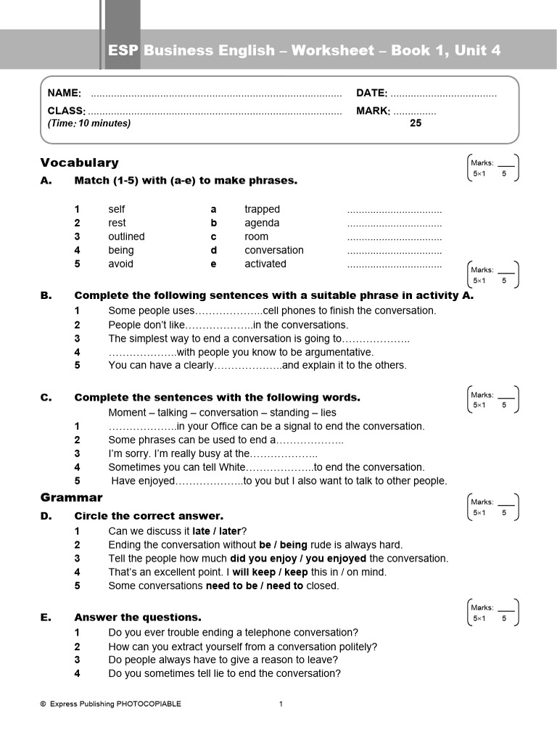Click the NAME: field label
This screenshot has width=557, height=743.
click(64, 93)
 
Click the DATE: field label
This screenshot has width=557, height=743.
click(372, 93)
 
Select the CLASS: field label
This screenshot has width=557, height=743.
click(67, 111)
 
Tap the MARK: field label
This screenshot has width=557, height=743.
click(374, 111)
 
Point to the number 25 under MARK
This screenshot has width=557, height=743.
click(416, 123)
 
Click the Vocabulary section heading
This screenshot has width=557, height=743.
click(79, 163)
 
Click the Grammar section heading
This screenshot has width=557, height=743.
click(71, 498)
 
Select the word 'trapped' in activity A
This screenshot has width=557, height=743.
click(262, 209)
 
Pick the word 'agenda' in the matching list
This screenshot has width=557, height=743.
click(262, 223)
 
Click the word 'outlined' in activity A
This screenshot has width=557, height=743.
click(126, 237)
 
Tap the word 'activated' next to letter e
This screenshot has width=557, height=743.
click(265, 264)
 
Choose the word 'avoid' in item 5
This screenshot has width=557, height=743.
click(120, 264)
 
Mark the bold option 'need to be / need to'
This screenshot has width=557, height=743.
click(255, 586)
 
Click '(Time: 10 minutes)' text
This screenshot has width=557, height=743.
click(89, 123)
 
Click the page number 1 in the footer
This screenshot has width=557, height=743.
click(281, 704)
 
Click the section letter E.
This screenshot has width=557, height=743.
click(46, 617)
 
